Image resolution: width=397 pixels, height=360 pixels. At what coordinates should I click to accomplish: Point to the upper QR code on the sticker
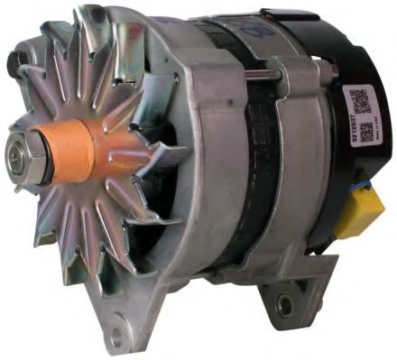tap(359, 99)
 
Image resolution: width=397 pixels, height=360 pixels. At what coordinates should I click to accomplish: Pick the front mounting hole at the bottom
tap(115, 337)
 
